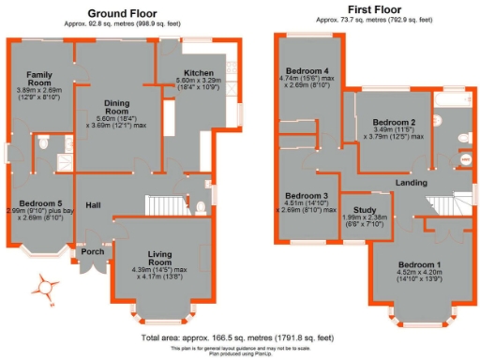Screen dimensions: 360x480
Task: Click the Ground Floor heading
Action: tap(122, 14)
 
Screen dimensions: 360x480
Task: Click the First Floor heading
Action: tap(359, 14)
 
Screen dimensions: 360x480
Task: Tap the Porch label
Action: tap(92, 250)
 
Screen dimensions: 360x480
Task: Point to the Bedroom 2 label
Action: tap(393, 123)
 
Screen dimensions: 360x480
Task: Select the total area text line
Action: tap(238, 337)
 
